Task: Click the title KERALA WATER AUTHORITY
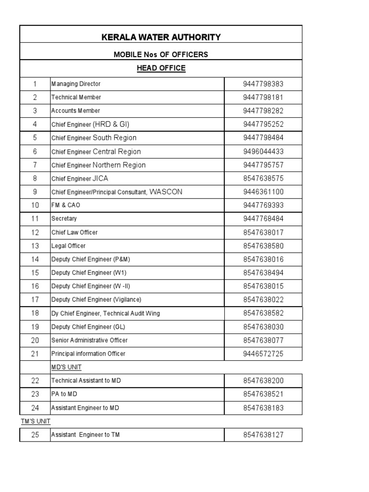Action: (x=161, y=37)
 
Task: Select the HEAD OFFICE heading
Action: (x=161, y=68)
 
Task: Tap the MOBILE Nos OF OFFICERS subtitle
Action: (x=161, y=55)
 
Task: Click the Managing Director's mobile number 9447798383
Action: (x=263, y=84)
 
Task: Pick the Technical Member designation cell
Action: (x=76, y=97)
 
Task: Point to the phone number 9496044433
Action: (x=263, y=151)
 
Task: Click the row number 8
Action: (x=35, y=178)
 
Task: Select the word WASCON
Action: (x=166, y=192)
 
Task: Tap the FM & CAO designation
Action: (x=66, y=205)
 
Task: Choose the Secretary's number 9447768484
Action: (x=263, y=219)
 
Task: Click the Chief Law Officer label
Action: (x=74, y=233)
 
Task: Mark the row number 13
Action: (x=35, y=246)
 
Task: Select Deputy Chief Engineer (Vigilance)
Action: (x=96, y=300)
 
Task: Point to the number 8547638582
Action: (x=263, y=313)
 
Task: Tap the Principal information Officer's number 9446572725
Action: (x=263, y=354)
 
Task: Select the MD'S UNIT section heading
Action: (x=66, y=367)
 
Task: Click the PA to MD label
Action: (x=64, y=394)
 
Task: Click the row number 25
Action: (x=35, y=435)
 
